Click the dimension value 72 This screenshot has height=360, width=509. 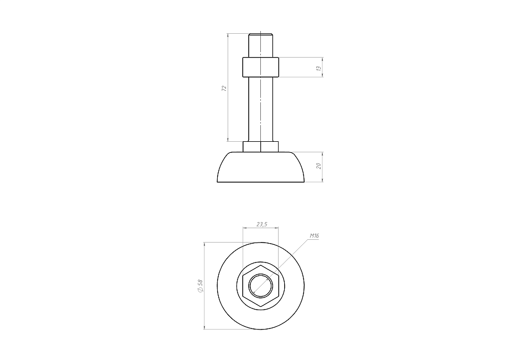coord(224,88)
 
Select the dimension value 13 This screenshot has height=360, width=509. coord(319,69)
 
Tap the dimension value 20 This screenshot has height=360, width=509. coord(319,166)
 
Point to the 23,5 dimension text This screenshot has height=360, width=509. coord(261,224)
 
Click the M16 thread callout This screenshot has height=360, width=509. coord(314,236)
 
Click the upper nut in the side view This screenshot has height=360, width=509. coord(261,67)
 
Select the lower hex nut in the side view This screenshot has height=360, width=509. coord(261,147)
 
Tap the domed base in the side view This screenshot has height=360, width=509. coord(261,167)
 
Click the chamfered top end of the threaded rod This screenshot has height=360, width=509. coord(261,34)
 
